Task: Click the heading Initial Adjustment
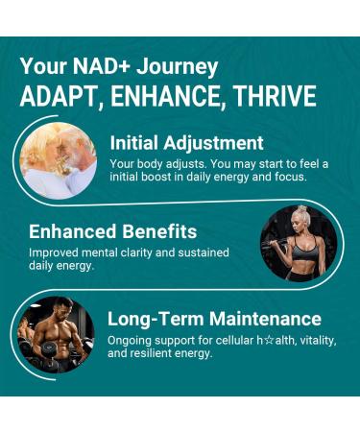point(186,143)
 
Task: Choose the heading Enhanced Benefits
point(112,231)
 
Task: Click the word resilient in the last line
point(169,354)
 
